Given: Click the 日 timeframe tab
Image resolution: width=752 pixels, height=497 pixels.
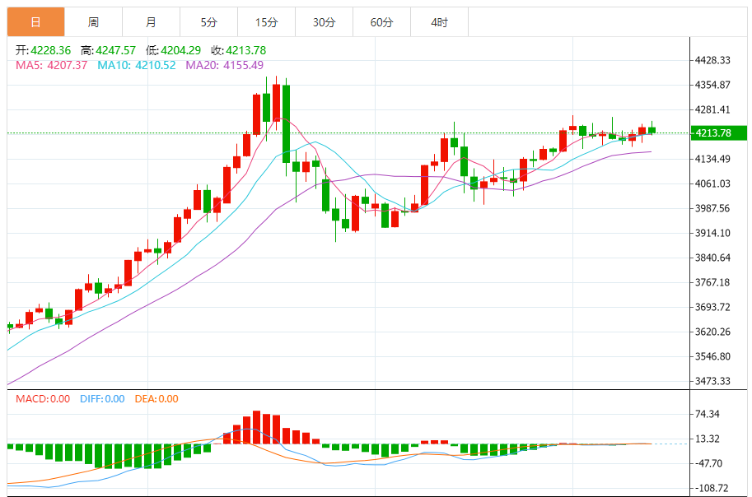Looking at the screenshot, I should pyautogui.click(x=35, y=22).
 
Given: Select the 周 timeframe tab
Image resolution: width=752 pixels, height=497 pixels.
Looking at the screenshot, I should pyautogui.click(x=93, y=22).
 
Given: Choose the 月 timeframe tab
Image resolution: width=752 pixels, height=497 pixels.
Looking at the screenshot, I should pyautogui.click(x=151, y=22).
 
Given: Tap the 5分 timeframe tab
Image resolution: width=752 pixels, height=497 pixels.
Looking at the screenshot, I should pyautogui.click(x=208, y=22).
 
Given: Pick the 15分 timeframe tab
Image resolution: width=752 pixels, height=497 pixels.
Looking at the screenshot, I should pyautogui.click(x=266, y=22).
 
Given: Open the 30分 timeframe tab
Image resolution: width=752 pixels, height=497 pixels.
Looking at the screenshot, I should pyautogui.click(x=324, y=22).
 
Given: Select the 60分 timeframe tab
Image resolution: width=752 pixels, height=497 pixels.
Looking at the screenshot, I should pyautogui.click(x=381, y=22).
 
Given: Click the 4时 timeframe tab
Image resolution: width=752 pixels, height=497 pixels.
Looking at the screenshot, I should pyautogui.click(x=439, y=22).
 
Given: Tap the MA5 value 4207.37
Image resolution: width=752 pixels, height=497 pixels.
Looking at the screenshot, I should pyautogui.click(x=68, y=65).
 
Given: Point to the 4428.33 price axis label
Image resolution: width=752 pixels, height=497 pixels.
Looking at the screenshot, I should pyautogui.click(x=713, y=60).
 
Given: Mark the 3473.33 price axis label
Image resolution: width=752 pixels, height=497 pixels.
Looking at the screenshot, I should pyautogui.click(x=713, y=381).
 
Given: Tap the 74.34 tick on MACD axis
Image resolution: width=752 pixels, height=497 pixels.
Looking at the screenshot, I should pyautogui.click(x=708, y=414).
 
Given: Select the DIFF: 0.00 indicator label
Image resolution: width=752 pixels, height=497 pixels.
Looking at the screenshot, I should pyautogui.click(x=102, y=399).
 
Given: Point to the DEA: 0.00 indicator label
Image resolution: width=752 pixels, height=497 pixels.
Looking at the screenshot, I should pyautogui.click(x=156, y=399).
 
